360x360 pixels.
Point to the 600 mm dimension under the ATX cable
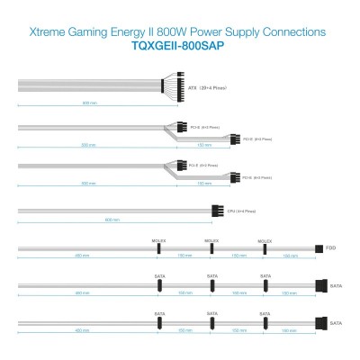[x=85, y=103]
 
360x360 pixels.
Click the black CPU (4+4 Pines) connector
[x=215, y=211]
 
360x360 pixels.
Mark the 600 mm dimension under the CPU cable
[x=111, y=220]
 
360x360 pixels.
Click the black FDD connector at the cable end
[x=319, y=248]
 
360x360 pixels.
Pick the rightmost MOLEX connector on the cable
[x=265, y=248]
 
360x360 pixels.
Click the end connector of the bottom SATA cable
[x=320, y=322]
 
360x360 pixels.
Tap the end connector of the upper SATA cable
[x=320, y=285]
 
